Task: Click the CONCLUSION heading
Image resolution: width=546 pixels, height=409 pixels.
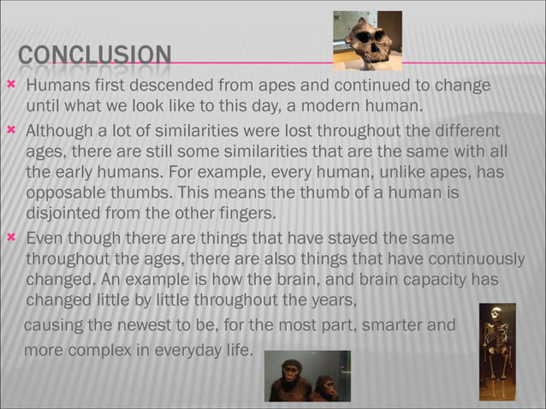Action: click(x=93, y=57)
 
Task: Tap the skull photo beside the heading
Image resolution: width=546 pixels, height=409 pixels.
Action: click(x=367, y=39)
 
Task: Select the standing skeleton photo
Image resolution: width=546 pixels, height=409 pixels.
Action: click(x=496, y=351)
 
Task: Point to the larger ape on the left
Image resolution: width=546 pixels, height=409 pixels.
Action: click(x=288, y=378)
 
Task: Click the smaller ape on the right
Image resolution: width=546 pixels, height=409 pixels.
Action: click(x=325, y=388)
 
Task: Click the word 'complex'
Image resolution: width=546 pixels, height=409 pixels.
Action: click(x=108, y=349)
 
